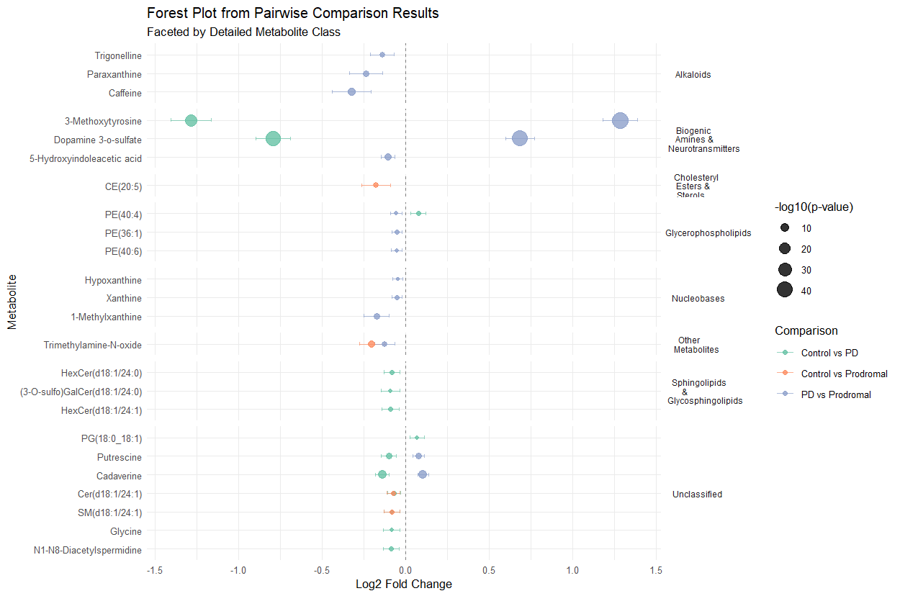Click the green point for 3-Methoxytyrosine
click(191, 120)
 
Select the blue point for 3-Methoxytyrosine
click(620, 120)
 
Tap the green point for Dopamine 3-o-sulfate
click(273, 138)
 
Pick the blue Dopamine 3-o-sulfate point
click(520, 138)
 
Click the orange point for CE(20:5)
click(376, 185)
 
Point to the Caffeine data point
click(351, 91)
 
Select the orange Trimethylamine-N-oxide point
click(372, 344)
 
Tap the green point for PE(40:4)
click(418, 213)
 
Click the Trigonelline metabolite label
click(118, 55)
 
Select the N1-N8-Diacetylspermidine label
click(88, 551)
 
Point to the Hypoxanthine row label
click(113, 280)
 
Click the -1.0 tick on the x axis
click(238, 571)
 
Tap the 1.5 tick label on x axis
click(656, 571)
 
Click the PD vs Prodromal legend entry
click(836, 394)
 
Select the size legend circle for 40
click(785, 290)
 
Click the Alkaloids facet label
click(693, 74)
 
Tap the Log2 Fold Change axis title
click(404, 584)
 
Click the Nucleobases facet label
click(698, 298)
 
